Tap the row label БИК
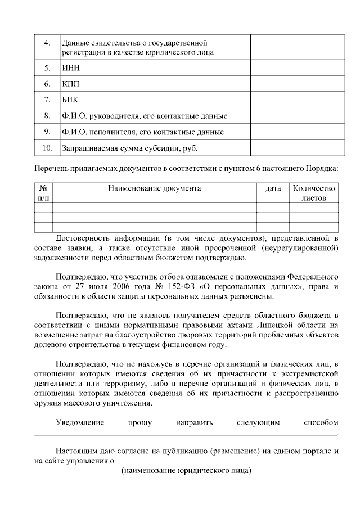tap(70, 100)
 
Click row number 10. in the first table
tap(47, 148)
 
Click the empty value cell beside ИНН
tap(293, 67)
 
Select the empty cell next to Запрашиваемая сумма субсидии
tap(293, 148)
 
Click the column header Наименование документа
tap(154, 188)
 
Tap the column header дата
tap(273, 188)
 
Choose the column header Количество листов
tap(314, 193)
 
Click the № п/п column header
tap(43, 193)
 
